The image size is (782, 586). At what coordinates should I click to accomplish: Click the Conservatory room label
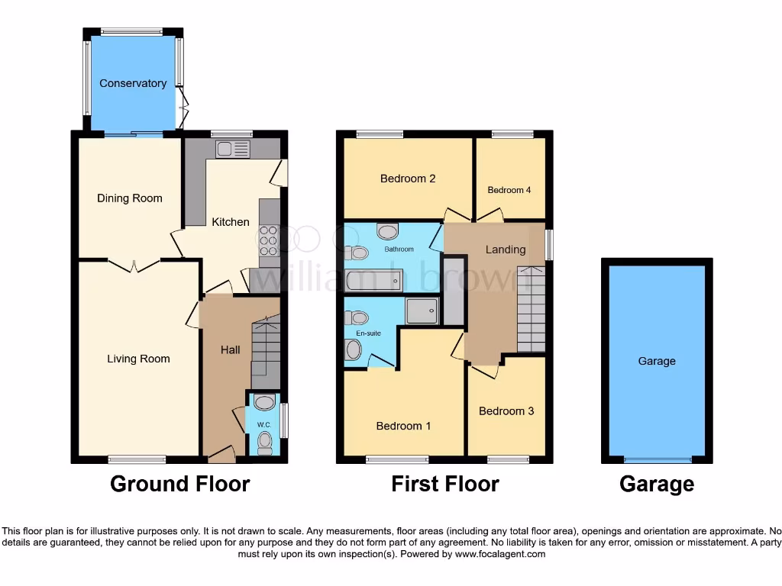click(x=133, y=83)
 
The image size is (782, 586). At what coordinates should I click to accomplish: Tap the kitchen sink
click(x=232, y=150)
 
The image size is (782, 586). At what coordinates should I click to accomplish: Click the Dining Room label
click(x=130, y=198)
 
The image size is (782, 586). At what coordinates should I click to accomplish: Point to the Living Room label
click(x=138, y=359)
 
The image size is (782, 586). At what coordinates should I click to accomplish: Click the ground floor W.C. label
click(x=264, y=424)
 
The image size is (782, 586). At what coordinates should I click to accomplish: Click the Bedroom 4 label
click(x=509, y=190)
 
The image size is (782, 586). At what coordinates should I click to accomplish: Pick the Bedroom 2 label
click(x=408, y=179)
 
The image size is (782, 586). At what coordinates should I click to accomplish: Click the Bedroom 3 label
click(x=506, y=411)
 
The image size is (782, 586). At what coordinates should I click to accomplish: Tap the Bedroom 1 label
click(x=403, y=426)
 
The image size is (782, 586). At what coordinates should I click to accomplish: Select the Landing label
click(x=506, y=250)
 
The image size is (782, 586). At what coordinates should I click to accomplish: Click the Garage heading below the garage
click(x=657, y=484)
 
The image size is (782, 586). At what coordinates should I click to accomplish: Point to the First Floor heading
click(x=445, y=484)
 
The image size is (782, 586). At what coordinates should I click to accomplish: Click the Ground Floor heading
click(x=180, y=484)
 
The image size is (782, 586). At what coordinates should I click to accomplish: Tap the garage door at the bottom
click(x=657, y=459)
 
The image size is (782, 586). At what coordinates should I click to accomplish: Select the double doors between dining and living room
click(x=134, y=265)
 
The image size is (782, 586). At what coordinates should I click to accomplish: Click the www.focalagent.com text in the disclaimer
click(x=500, y=554)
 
